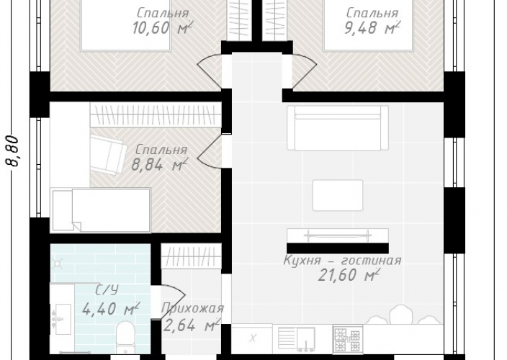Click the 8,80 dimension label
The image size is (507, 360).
pyautogui.click(x=12, y=151)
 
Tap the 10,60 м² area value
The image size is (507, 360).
pyautogui.click(x=162, y=28)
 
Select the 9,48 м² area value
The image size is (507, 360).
pyautogui.click(x=372, y=28)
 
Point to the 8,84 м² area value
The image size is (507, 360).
pyautogui.click(x=159, y=164)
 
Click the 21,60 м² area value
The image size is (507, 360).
pyautogui.click(x=349, y=275)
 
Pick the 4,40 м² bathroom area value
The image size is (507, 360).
pyautogui.click(x=111, y=309)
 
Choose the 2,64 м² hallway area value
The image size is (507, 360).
pyautogui.click(x=192, y=325)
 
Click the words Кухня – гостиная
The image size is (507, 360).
pyautogui.click(x=342, y=260)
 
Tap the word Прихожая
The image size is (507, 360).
pyautogui.click(x=193, y=308)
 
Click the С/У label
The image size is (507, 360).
pyautogui.click(x=107, y=290)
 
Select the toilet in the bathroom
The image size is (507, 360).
pyautogui.click(x=125, y=337)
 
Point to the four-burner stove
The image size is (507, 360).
pyautogui.click(x=348, y=339)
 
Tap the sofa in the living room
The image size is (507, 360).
pyautogui.click(x=338, y=128)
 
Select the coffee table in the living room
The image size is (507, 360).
pyautogui.click(x=338, y=195)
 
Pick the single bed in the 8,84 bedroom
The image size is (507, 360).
pyautogui.click(x=100, y=210)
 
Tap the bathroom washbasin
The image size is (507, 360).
pyautogui.click(x=62, y=319)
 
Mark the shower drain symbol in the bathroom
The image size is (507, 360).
pyautogui.click(x=58, y=264)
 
